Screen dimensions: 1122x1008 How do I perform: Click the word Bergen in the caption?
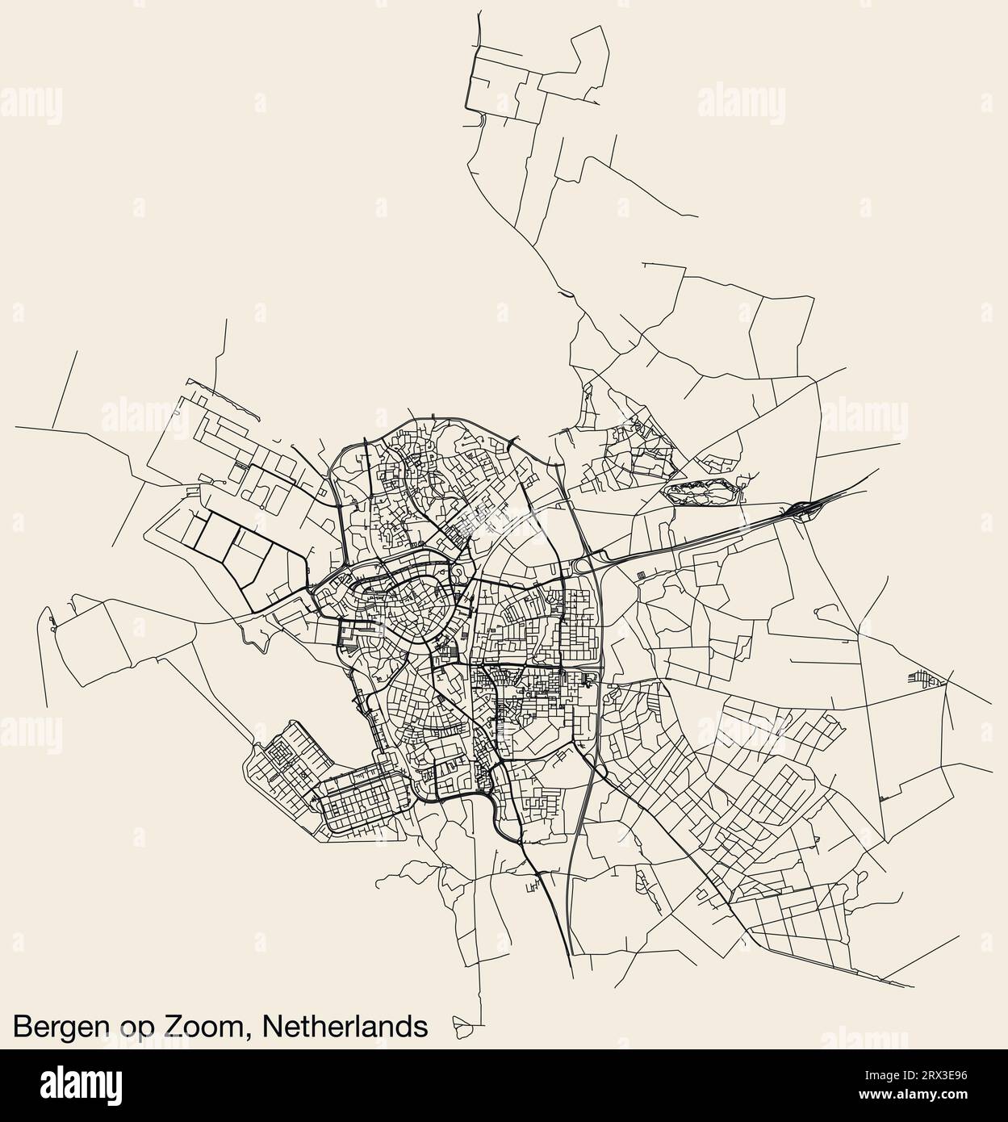59,1028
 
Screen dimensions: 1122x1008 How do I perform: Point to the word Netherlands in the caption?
345,1026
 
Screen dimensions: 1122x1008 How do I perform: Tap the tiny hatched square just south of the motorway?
642,575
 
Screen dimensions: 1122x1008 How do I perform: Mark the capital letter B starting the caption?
23,1026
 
